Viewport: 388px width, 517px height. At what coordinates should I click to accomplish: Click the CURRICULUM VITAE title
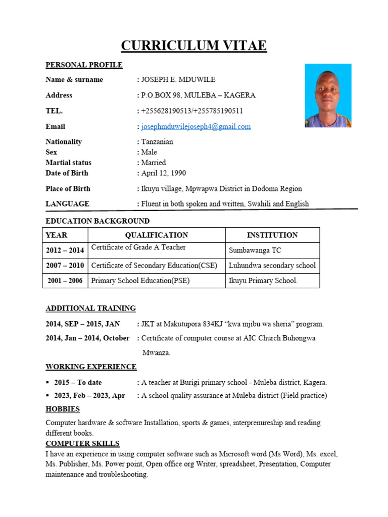[194, 46]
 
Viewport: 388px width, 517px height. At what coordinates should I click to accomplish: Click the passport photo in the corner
[328, 95]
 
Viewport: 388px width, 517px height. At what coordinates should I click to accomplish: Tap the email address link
[196, 127]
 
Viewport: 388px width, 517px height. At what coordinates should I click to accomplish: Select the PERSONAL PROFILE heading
[84, 65]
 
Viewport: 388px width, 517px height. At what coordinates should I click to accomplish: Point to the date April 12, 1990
[164, 173]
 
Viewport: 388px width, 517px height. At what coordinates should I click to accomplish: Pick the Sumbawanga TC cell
[255, 250]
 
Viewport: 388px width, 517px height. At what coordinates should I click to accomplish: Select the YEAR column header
[57, 235]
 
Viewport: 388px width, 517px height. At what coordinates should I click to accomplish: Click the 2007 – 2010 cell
[65, 266]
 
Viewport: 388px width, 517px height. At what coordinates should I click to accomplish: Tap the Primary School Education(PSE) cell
[140, 281]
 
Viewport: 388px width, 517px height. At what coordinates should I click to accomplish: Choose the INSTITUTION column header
[272, 235]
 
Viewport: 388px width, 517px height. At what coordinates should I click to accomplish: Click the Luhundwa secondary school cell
[272, 266]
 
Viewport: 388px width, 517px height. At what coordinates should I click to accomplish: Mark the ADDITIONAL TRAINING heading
[90, 308]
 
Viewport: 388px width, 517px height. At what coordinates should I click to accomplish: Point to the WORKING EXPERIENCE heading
[91, 367]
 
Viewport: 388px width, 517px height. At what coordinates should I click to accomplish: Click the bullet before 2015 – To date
[48, 383]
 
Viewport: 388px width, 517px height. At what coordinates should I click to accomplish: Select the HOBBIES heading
[63, 409]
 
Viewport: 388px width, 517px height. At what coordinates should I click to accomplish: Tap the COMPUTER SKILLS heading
[82, 444]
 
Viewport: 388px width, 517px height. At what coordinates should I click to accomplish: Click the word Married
[154, 163]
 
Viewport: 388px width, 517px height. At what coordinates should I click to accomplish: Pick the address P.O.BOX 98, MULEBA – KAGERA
[198, 95]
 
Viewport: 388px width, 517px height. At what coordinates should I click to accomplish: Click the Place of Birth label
[68, 189]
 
